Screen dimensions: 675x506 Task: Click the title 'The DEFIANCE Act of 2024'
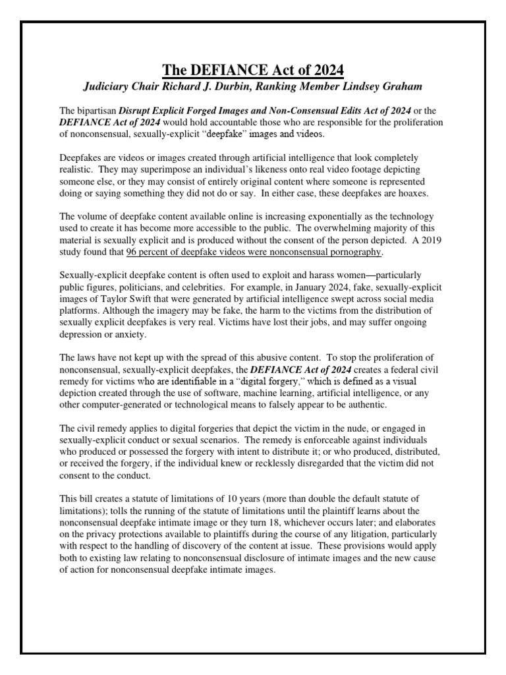point(253,69)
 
